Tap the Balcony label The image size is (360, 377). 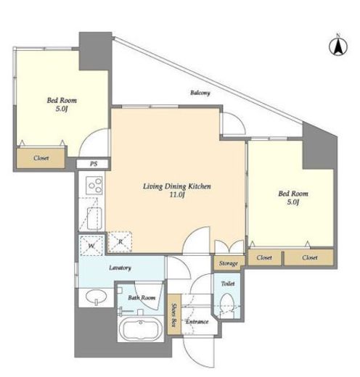click(200, 93)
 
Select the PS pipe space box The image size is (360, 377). click(94, 164)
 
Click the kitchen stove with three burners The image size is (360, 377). click(94, 186)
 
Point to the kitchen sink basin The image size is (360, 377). click(94, 218)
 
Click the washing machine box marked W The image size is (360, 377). click(91, 245)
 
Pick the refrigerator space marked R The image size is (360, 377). click(120, 241)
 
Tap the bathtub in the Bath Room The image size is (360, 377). click(140, 329)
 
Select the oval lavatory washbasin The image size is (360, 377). click(96, 297)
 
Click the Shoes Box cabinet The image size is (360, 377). click(174, 315)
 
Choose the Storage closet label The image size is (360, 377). click(229, 263)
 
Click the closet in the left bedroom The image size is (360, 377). click(41, 158)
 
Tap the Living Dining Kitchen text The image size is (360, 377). click(177, 186)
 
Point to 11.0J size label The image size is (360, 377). click(177, 194)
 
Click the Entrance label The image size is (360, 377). click(197, 322)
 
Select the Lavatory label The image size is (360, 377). click(120, 268)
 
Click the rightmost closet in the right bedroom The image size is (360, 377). click(309, 257)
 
